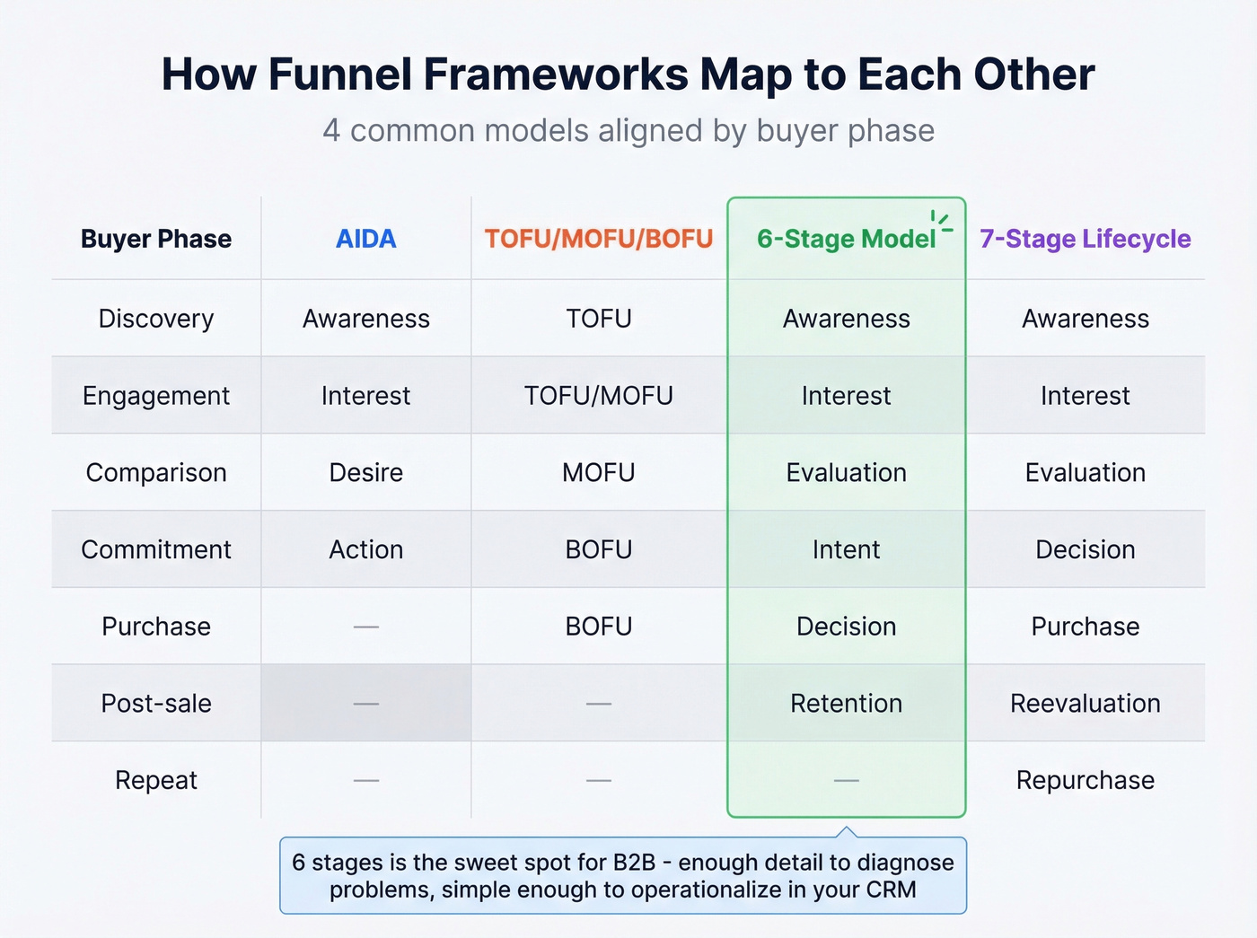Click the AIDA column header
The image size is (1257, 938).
(365, 239)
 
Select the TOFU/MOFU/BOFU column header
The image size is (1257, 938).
(599, 239)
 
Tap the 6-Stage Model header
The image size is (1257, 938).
(845, 239)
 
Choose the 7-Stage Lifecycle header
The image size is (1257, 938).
(1085, 239)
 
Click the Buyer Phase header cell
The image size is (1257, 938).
(156, 239)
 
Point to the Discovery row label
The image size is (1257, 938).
(156, 319)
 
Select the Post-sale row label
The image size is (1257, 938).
(156, 703)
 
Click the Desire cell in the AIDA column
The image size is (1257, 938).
(365, 472)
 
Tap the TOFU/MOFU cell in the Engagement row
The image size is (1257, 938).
(599, 396)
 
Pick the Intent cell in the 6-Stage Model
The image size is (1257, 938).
(846, 549)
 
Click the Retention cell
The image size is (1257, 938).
(846, 703)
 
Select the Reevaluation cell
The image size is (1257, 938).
(1085, 703)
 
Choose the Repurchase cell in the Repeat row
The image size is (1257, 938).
(1085, 780)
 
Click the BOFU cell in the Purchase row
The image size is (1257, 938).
(599, 627)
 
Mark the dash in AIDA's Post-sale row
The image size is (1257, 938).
(365, 704)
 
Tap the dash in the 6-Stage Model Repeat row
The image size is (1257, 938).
(846, 781)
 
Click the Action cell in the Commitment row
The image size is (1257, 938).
(365, 549)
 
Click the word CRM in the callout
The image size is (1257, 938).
(891, 890)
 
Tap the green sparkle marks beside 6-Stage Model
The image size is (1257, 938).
(941, 222)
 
